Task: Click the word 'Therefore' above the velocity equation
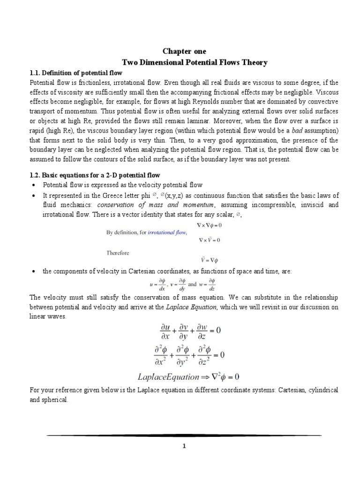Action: (x=117, y=253)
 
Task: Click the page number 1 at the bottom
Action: (x=184, y=446)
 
